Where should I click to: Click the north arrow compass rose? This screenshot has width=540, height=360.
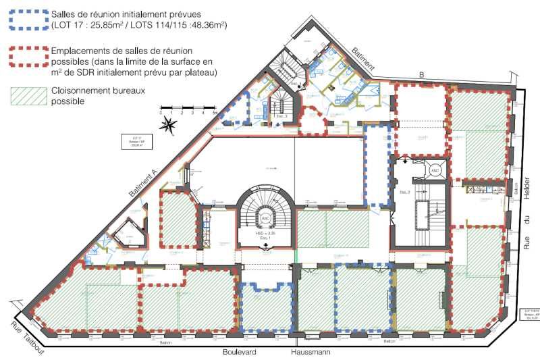[x=170, y=124]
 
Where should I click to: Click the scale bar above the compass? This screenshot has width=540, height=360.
[x=188, y=108]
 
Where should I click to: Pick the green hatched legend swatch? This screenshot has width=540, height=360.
[x=26, y=95]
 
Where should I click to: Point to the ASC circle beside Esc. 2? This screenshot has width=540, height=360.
[x=435, y=170]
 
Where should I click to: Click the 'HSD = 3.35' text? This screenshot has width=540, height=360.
[x=265, y=232]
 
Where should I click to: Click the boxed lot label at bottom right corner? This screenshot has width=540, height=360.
[x=529, y=316]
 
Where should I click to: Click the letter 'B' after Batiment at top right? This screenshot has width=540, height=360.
[x=419, y=76]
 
